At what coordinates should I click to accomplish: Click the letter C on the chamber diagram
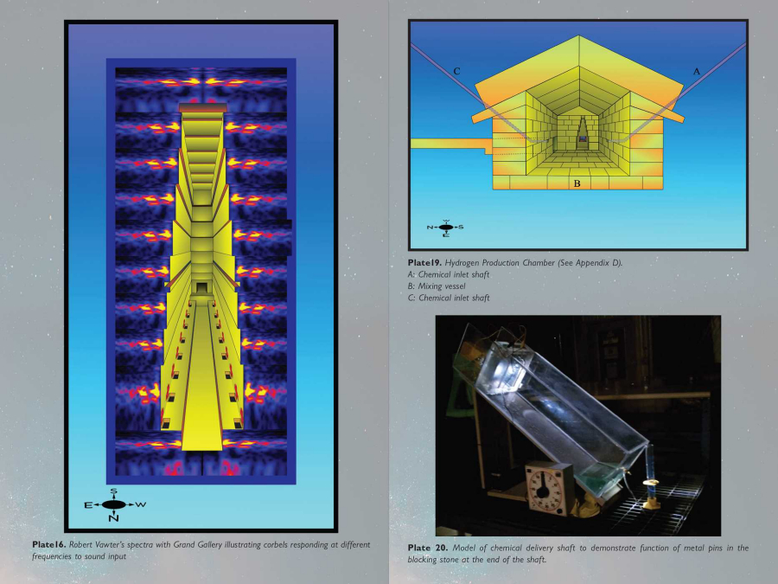(457, 72)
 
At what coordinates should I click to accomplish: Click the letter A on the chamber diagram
(697, 72)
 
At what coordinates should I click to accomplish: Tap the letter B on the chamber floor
(577, 183)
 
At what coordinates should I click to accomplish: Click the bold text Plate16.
(48, 544)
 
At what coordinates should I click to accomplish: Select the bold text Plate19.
(424, 262)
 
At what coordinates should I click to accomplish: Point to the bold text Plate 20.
(428, 548)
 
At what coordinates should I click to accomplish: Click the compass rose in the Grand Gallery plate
(114, 505)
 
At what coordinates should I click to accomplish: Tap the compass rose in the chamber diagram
(445, 228)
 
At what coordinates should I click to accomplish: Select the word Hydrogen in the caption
(462, 263)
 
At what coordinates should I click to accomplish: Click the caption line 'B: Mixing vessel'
(437, 286)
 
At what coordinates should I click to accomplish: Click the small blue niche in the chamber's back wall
(583, 139)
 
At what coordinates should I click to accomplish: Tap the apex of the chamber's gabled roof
(578, 35)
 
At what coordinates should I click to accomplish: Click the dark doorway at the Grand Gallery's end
(201, 288)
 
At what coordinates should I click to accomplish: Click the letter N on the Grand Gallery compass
(113, 518)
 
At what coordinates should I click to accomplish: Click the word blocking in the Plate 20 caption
(423, 560)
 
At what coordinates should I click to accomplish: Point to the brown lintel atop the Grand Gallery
(202, 108)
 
